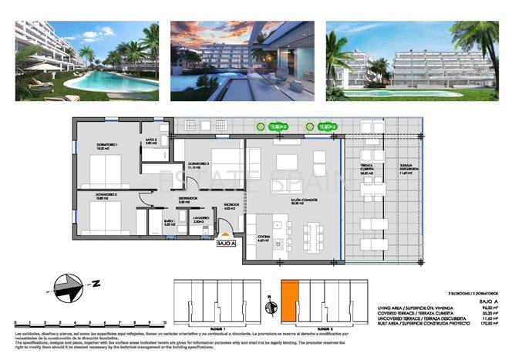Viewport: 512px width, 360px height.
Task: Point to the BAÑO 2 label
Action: pyautogui.click(x=150, y=141)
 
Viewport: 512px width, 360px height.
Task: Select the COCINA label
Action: pyautogui.click(x=262, y=239)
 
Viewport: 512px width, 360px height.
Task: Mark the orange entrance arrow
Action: pyautogui.click(x=225, y=232)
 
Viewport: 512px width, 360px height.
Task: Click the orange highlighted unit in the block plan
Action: pyautogui.click(x=287, y=297)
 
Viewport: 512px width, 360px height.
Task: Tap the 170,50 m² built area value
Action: pyautogui.click(x=486, y=326)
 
